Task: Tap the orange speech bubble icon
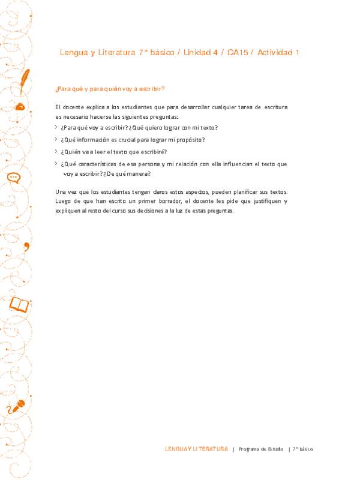click(14, 178)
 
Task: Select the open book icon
click(19, 305)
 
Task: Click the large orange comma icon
click(26, 230)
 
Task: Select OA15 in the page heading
click(239, 53)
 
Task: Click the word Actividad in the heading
click(275, 53)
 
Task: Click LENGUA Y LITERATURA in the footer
click(196, 449)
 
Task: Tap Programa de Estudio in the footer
click(261, 449)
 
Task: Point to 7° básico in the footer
click(303, 449)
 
